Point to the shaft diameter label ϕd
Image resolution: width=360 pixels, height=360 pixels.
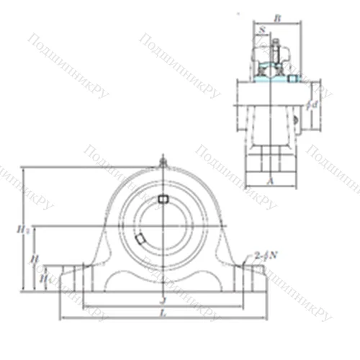pyautogui.click(x=312, y=105)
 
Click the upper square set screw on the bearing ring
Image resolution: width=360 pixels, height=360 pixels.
pyautogui.click(x=163, y=197)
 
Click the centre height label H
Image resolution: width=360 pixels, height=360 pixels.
pyautogui.click(x=33, y=258)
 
